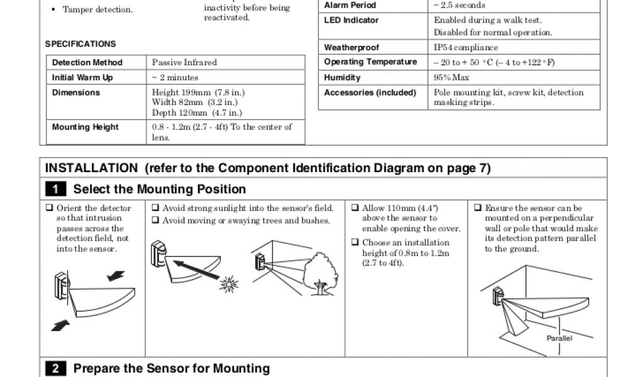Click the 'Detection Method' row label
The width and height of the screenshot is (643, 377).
(x=87, y=63)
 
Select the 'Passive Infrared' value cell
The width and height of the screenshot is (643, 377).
(x=185, y=63)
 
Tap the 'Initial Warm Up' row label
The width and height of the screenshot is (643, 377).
(x=82, y=78)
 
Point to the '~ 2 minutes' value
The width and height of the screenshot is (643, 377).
(x=175, y=78)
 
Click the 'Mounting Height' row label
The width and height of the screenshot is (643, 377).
(x=85, y=128)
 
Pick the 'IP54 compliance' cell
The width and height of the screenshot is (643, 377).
(x=466, y=48)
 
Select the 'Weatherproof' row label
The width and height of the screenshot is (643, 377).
(x=352, y=48)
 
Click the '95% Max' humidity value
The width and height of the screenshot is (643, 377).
(x=451, y=78)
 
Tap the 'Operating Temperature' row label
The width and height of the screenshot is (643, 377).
(x=370, y=62)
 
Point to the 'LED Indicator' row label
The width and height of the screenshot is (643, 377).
(x=352, y=20)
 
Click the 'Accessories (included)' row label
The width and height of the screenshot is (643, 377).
(x=370, y=93)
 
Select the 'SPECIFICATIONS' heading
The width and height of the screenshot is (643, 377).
(x=80, y=45)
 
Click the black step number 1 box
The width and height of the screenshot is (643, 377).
(x=56, y=189)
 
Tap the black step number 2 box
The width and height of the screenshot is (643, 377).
(x=56, y=369)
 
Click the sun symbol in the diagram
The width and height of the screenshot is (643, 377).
(x=229, y=285)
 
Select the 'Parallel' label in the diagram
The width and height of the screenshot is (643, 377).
(x=559, y=338)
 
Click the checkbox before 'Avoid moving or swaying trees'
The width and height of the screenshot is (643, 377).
(x=155, y=221)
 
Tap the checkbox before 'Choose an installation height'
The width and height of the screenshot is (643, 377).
(x=355, y=243)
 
